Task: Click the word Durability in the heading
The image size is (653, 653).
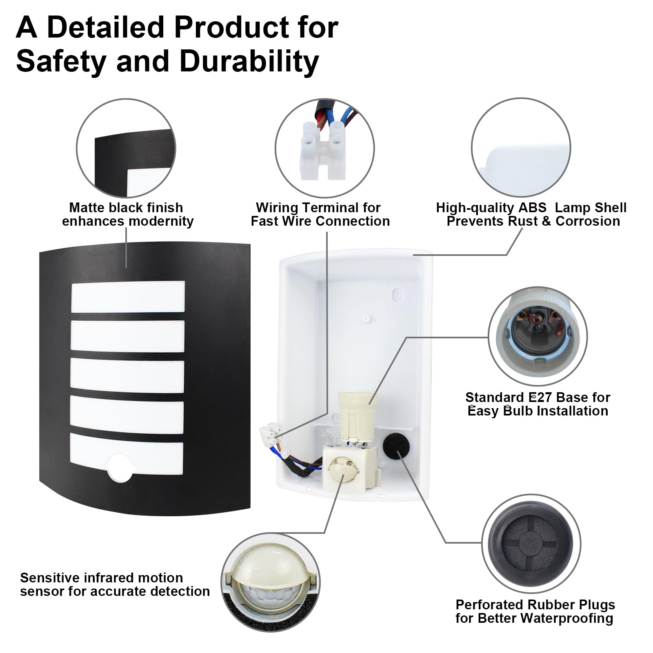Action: point(249,62)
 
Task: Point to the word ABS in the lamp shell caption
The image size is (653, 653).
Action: point(532,207)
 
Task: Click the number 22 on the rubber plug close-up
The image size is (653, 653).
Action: point(531,543)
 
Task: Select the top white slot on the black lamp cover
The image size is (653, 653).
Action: point(128,297)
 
